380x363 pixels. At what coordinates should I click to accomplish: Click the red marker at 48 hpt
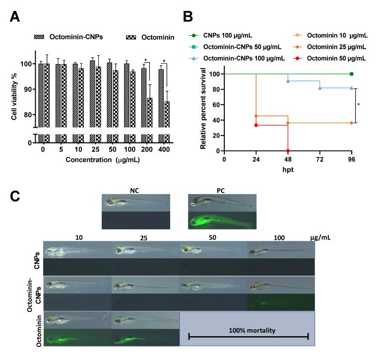click(x=288, y=150)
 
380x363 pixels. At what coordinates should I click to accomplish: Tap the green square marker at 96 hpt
click(x=351, y=74)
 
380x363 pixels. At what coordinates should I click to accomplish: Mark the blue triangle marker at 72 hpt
click(x=320, y=88)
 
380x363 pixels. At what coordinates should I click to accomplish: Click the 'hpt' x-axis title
click(x=288, y=169)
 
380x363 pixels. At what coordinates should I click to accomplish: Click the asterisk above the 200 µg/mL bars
click(x=145, y=61)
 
